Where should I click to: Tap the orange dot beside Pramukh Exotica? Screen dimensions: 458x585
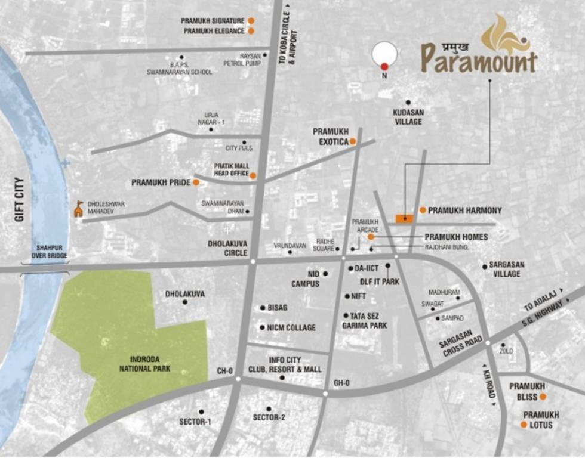(353, 141)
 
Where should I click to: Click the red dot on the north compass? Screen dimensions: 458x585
(384, 66)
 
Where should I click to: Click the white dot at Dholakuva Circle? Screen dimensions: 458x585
(253, 261)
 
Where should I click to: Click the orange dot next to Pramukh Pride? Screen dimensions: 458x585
(196, 182)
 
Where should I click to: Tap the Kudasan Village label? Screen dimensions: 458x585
(408, 117)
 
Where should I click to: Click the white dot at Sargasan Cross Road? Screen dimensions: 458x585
(488, 343)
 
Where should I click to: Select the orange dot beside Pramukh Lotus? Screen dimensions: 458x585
(524, 425)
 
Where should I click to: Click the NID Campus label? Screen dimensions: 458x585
(305, 278)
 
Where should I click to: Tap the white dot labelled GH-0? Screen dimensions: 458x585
(325, 394)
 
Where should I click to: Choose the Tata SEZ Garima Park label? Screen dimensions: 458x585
(365, 321)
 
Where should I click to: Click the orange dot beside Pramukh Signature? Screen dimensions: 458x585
(251, 21)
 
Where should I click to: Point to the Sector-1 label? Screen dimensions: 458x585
(195, 422)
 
